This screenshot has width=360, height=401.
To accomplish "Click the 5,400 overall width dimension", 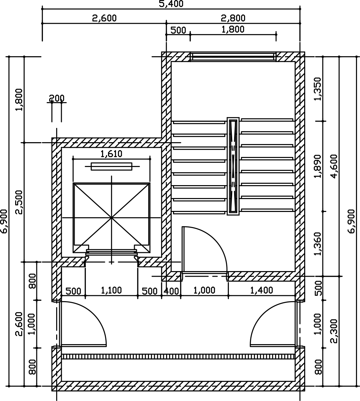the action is [x=171, y=4].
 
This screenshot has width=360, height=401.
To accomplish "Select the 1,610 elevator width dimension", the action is [x=111, y=153].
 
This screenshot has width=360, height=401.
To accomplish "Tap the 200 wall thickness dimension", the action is [x=56, y=98].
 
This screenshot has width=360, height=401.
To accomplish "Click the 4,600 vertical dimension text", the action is [x=334, y=166].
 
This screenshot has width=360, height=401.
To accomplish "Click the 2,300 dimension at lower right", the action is [x=334, y=331].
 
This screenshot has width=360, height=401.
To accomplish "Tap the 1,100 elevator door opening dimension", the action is [x=111, y=291].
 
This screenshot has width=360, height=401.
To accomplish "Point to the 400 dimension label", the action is [x=171, y=291].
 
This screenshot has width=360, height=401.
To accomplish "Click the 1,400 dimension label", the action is [x=262, y=290].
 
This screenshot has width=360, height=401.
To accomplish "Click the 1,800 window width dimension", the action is [x=233, y=29].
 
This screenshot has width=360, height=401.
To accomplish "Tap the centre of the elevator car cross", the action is [x=111, y=218].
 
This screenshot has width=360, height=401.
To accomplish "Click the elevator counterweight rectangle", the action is [x=112, y=166].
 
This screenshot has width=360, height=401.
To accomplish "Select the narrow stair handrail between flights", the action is [x=233, y=166].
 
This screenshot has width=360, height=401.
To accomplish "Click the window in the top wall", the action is [x=233, y=57].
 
